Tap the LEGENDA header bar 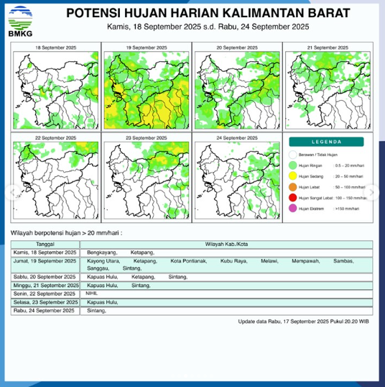pyautogui.click(x=327, y=141)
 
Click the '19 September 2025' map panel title pyautogui.click(x=147, y=47)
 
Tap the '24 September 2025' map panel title pyautogui.click(x=238, y=137)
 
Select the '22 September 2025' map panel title pyautogui.click(x=56, y=137)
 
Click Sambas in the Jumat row pyautogui.click(x=343, y=260)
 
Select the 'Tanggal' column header pyautogui.click(x=46, y=245)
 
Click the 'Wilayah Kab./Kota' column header pyautogui.click(x=228, y=245)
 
